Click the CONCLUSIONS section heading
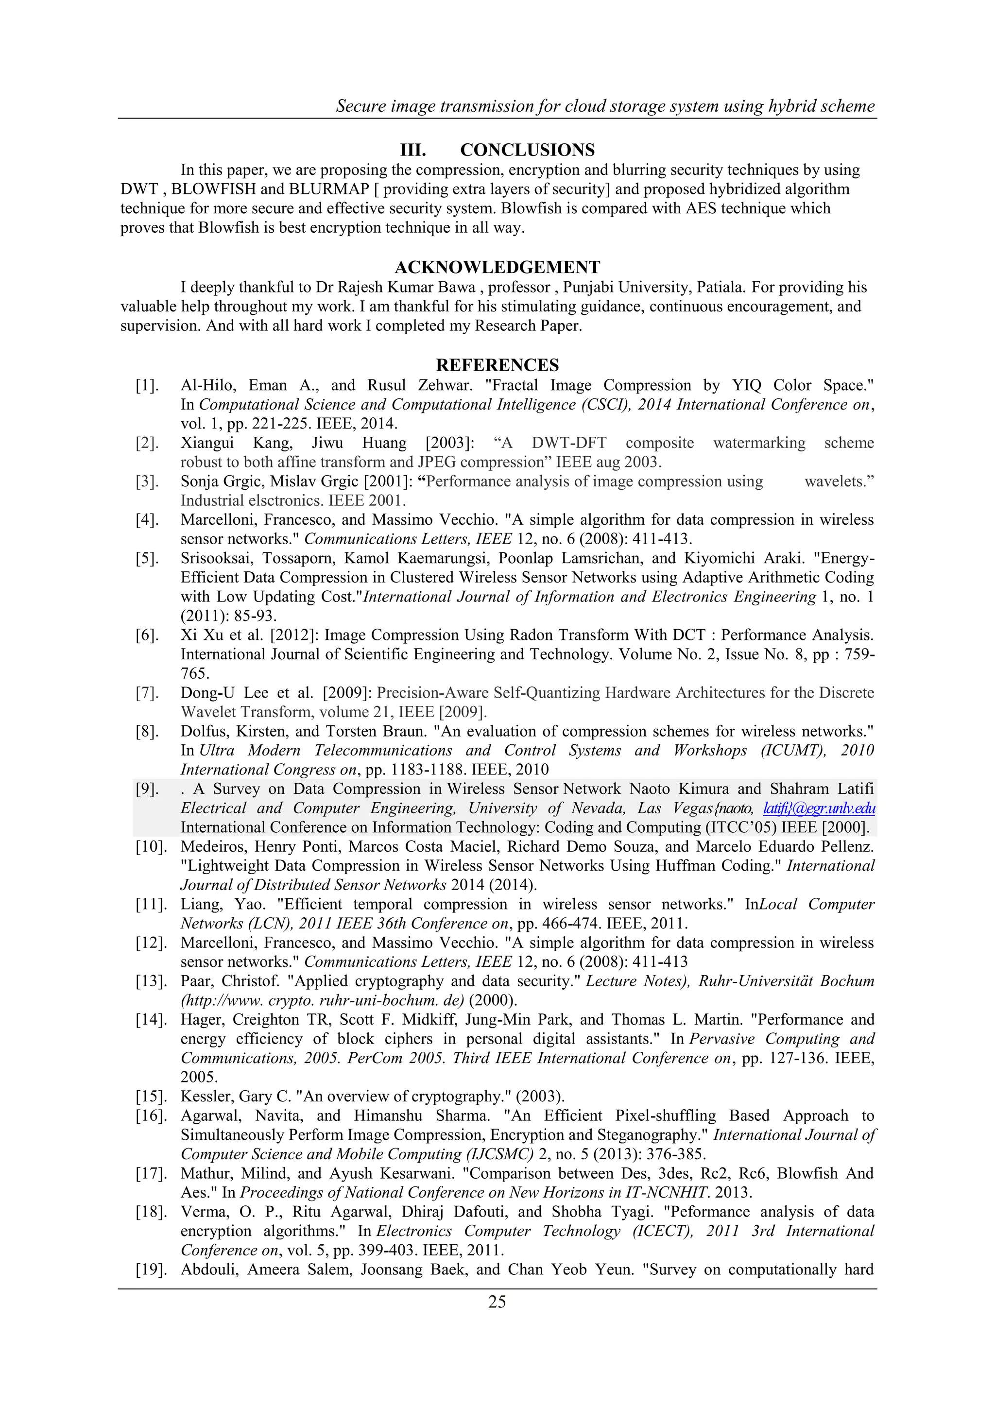[527, 150]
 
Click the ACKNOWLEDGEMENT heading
[497, 267]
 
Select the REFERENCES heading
[497, 365]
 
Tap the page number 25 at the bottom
[497, 1302]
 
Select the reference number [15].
[151, 1097]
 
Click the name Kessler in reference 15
[206, 1097]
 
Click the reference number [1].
[147, 385]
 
